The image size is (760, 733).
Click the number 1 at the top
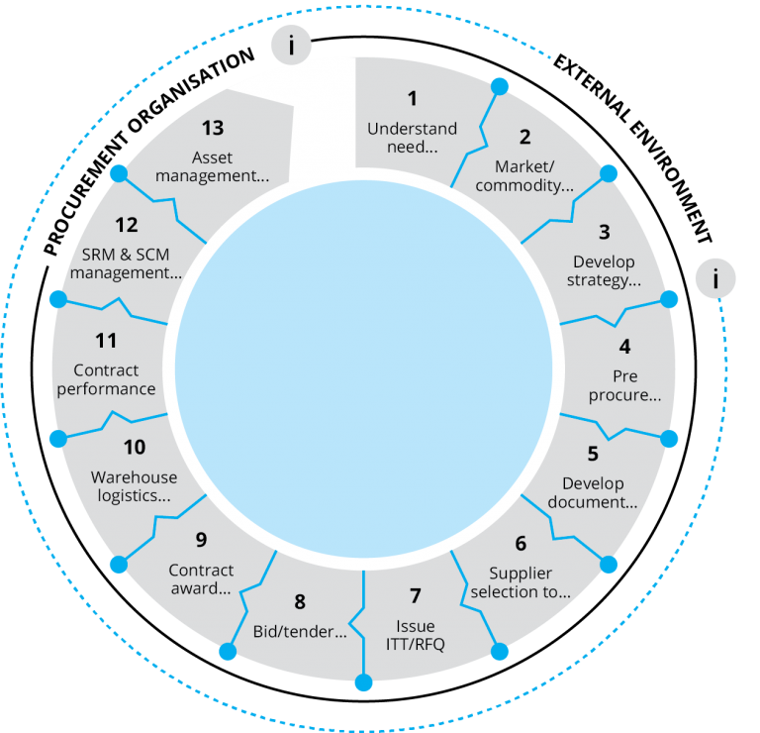coord(413,98)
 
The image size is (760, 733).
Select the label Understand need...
coord(412,138)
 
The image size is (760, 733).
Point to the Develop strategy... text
coord(604,271)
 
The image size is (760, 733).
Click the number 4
coord(624,347)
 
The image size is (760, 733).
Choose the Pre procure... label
coord(624,386)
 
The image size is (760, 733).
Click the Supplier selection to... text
coord(521,582)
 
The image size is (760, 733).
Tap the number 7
coord(416,596)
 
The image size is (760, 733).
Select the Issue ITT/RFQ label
coord(416,636)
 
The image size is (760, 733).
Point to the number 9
coord(201,540)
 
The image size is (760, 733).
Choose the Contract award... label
coord(201,579)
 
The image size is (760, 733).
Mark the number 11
coord(106,341)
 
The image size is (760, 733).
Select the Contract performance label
coord(106,380)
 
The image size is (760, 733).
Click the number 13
coord(212,128)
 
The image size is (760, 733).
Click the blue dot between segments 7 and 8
coord(363,682)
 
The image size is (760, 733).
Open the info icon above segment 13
coord(293,46)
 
